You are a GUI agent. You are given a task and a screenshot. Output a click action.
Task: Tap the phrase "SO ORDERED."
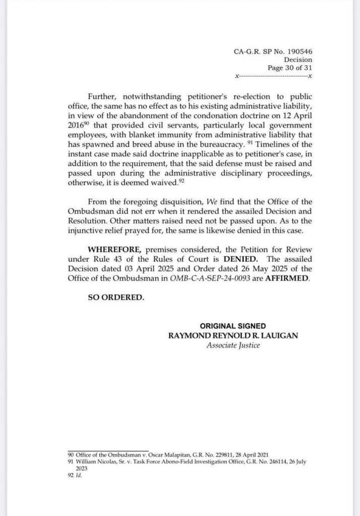coord(116,297)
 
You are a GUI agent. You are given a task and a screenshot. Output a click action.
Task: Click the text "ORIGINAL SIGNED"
coord(232,326)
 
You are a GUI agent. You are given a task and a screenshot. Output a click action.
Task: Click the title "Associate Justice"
coord(233,346)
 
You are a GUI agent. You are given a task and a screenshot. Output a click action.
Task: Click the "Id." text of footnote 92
coord(79,474)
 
